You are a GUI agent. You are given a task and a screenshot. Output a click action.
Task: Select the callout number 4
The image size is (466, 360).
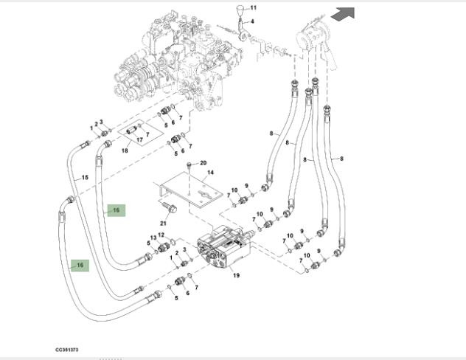(251, 22)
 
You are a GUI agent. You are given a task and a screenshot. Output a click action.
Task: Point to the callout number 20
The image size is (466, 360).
(204, 163)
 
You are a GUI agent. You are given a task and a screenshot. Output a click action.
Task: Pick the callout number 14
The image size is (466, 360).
(210, 173)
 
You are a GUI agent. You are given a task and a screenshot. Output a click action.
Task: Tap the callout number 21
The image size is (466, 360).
(163, 223)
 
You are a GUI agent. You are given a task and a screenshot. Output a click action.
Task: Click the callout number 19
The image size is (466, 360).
(237, 276)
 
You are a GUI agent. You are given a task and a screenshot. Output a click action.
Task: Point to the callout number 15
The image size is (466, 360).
(84, 177)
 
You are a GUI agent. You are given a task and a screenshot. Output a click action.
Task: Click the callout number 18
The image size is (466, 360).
(125, 150)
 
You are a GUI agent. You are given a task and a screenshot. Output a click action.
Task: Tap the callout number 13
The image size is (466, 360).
(153, 238)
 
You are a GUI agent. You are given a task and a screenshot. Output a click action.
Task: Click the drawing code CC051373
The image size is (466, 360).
(67, 349)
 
